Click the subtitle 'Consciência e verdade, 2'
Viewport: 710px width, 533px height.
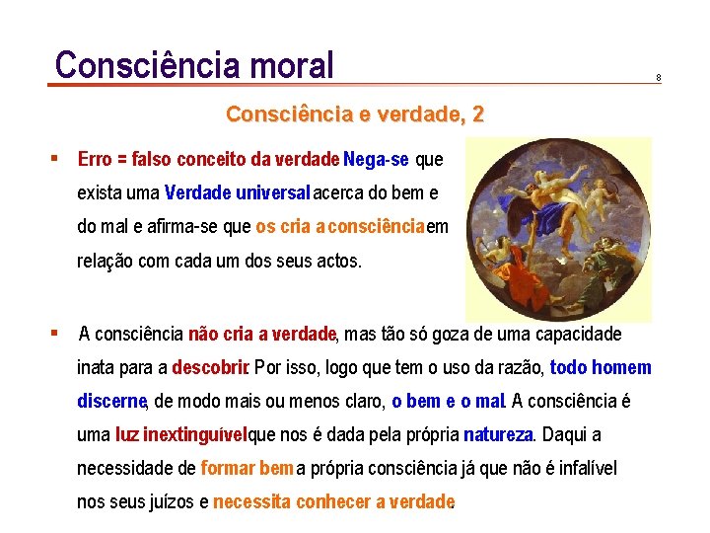pos(355,114)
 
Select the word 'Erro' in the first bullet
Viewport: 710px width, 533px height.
pos(95,159)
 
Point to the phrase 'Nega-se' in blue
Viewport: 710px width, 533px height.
pos(378,159)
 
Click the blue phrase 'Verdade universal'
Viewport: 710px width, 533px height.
pos(238,191)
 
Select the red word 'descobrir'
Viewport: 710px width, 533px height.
pos(209,368)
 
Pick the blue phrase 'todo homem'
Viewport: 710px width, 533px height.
pos(601,368)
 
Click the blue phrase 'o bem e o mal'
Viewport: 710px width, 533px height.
pos(449,402)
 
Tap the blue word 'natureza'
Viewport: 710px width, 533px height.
pos(498,435)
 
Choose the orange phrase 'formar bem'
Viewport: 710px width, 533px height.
pos(247,469)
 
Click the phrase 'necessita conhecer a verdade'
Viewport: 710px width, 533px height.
pos(333,502)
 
